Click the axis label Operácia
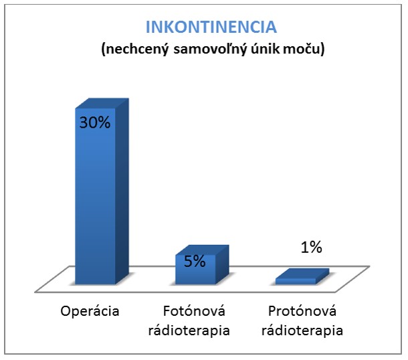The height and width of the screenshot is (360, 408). [x=90, y=312]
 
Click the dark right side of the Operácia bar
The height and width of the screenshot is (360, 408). [x=122, y=194]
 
